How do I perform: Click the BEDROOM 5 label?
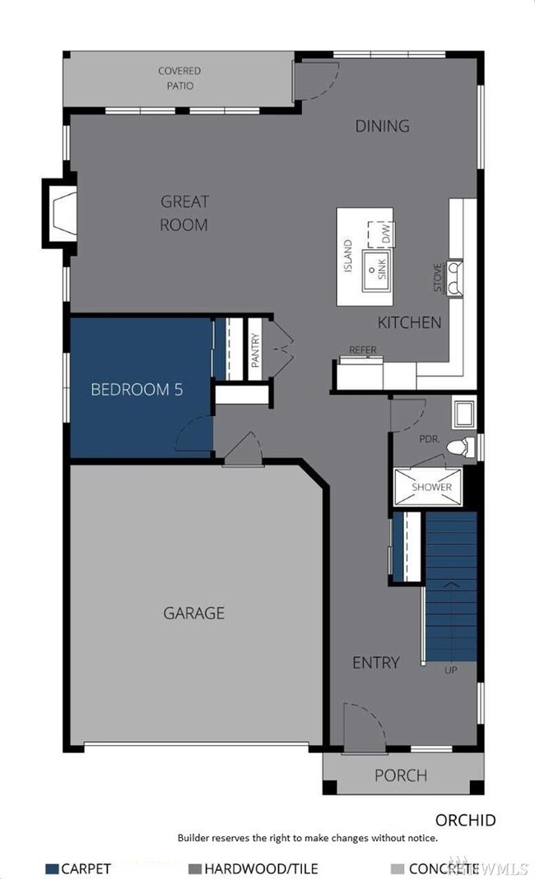pyautogui.click(x=137, y=390)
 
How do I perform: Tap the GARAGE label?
pyautogui.click(x=193, y=613)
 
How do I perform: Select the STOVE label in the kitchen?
pyautogui.click(x=439, y=278)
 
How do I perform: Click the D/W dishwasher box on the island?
pyautogui.click(x=383, y=234)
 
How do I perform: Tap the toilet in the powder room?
pyautogui.click(x=461, y=446)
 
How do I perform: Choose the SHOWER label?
pyautogui.click(x=432, y=487)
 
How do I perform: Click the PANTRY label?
pyautogui.click(x=255, y=349)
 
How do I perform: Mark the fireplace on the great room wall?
pyautogui.click(x=59, y=212)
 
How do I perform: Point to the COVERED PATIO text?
pyautogui.click(x=179, y=78)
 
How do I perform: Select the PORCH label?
pyautogui.click(x=401, y=775)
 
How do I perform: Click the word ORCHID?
pyautogui.click(x=466, y=820)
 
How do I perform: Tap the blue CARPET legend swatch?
pyautogui.click(x=53, y=868)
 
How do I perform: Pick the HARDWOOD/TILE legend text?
pyautogui.click(x=261, y=868)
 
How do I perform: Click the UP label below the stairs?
pyautogui.click(x=450, y=669)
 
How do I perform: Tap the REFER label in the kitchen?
pyautogui.click(x=363, y=349)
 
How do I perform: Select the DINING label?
pyautogui.click(x=382, y=126)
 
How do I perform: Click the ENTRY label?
pyautogui.click(x=375, y=662)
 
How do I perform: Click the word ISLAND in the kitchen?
pyautogui.click(x=348, y=257)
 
